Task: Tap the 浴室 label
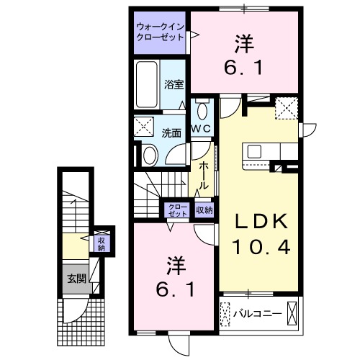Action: [x=174, y=84]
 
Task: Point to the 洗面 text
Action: [x=171, y=133]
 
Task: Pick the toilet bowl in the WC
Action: [x=201, y=112]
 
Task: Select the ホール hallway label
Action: [x=204, y=175]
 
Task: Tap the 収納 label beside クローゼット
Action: [x=204, y=210]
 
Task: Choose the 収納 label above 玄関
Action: [x=101, y=243]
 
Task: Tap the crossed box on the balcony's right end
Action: [x=292, y=313]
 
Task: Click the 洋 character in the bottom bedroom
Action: [x=173, y=266]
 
